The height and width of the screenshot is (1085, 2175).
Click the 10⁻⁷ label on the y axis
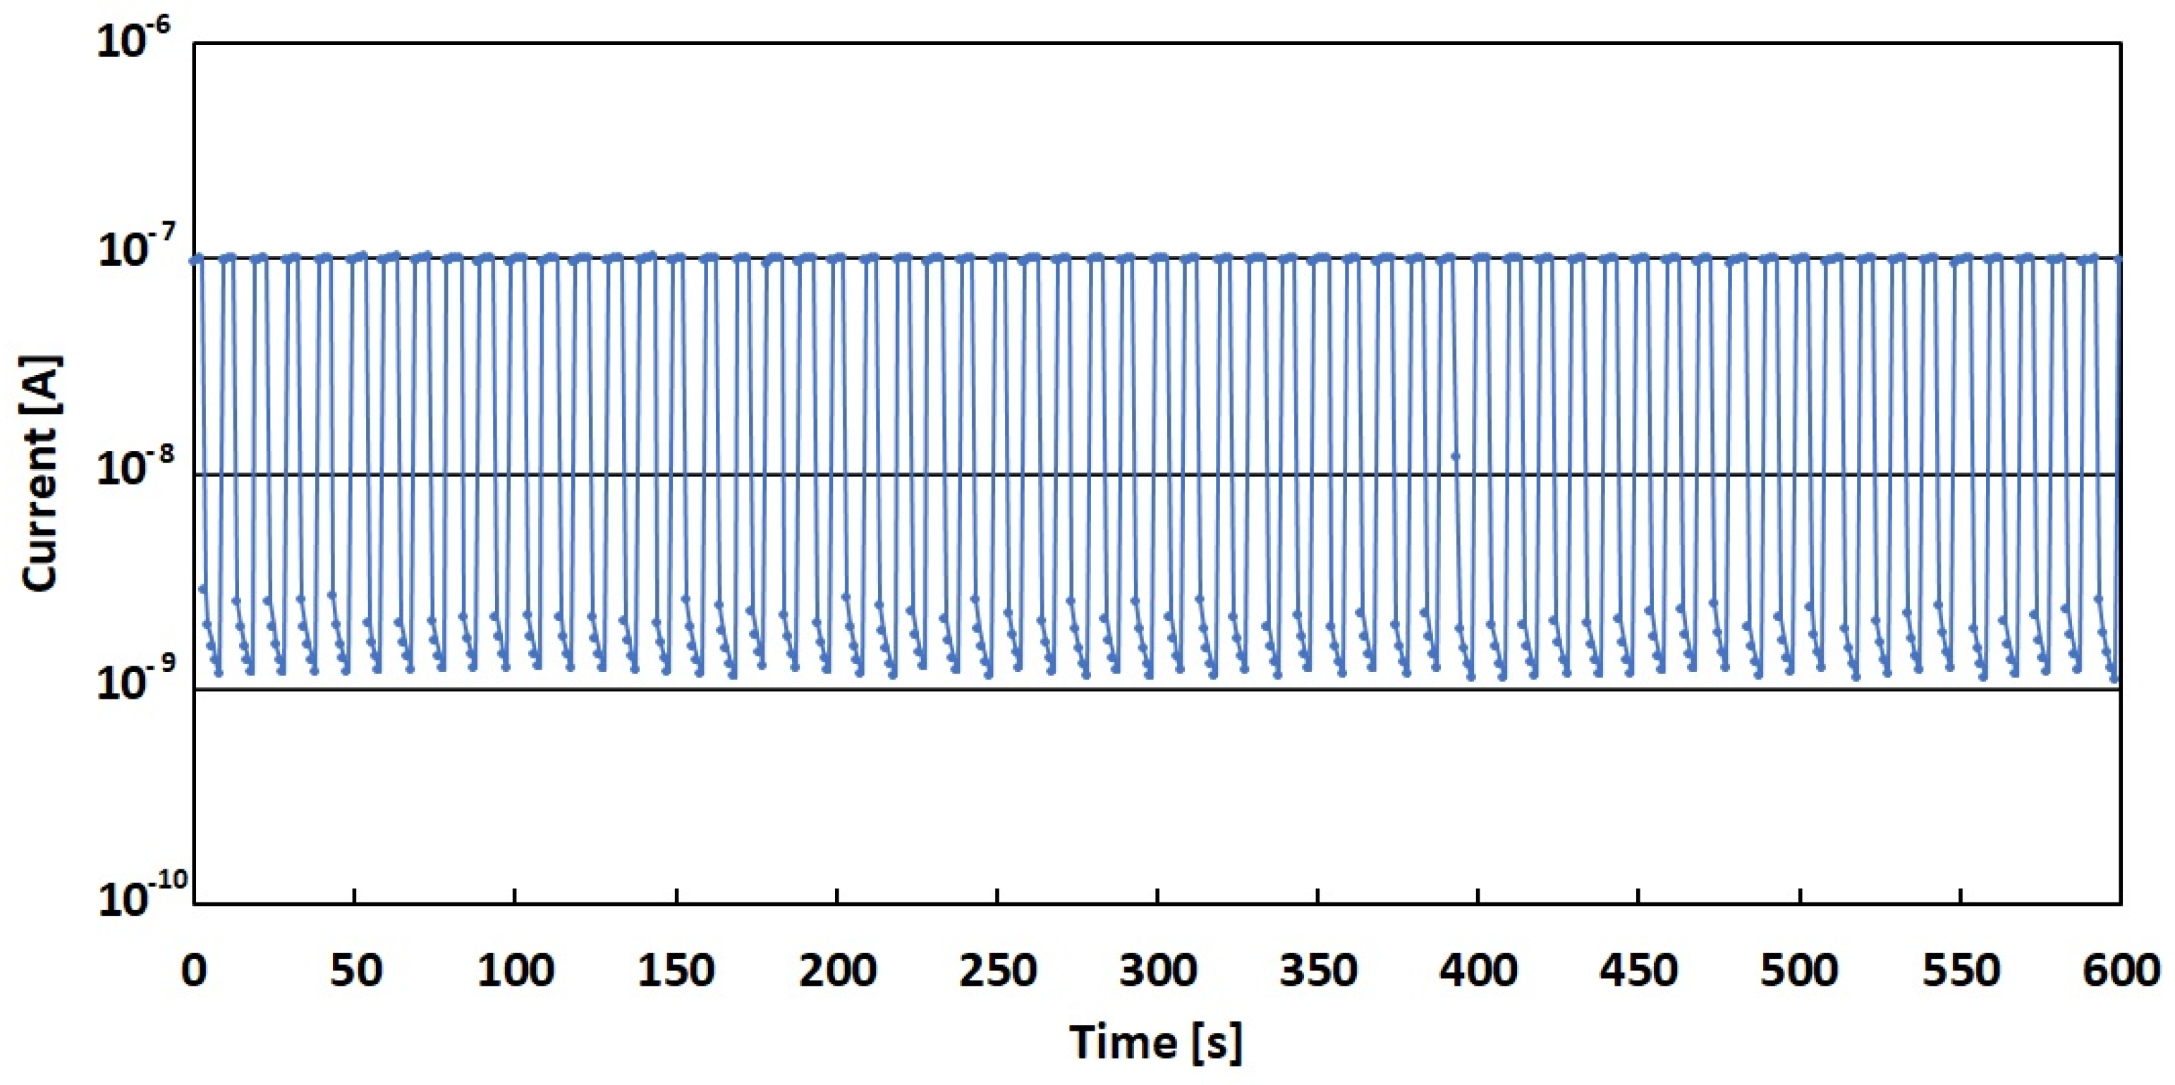135,252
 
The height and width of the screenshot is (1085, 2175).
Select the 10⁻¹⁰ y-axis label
140,897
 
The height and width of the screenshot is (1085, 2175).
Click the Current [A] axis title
40,473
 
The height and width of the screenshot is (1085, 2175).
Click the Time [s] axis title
1156,1041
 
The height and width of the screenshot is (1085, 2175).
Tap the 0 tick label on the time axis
194,970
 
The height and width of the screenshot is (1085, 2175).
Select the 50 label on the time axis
355,970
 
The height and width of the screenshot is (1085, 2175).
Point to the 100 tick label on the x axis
515,970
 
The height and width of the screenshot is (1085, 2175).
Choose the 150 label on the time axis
676,970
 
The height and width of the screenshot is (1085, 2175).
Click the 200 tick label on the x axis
836,970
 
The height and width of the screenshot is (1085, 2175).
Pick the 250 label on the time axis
997,970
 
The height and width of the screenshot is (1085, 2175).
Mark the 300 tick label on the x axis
1157,970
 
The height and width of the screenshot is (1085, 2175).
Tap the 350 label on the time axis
1318,970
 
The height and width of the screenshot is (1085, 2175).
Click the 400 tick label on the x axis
1478,970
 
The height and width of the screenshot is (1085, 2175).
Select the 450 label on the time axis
1639,970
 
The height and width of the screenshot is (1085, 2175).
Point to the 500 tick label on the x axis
1800,970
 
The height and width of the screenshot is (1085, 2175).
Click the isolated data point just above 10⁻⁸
1455,457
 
